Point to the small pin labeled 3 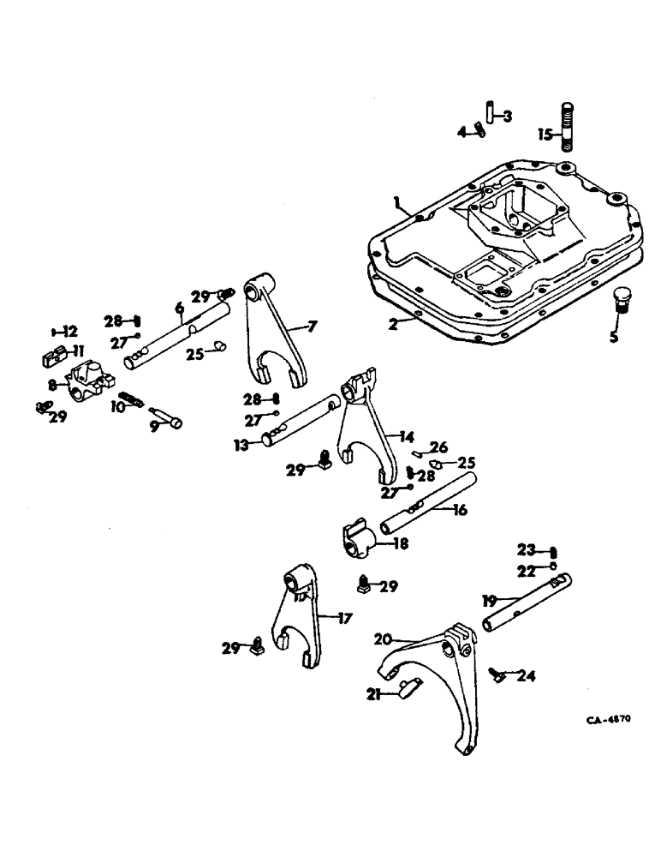[x=491, y=112]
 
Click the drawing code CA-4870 [x=608, y=720]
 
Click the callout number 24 [x=527, y=676]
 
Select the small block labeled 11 [x=53, y=352]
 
